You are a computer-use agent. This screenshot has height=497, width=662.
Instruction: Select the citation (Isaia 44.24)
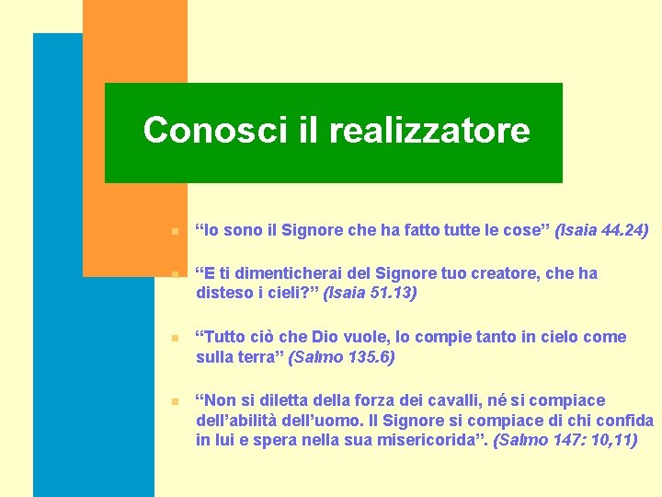[601, 229]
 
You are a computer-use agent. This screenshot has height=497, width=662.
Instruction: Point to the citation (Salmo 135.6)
[341, 356]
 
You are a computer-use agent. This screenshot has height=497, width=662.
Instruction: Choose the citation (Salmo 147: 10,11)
[565, 440]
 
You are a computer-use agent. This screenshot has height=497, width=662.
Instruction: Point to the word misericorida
[432, 440]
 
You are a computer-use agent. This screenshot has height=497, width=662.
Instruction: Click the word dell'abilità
[244, 421]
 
